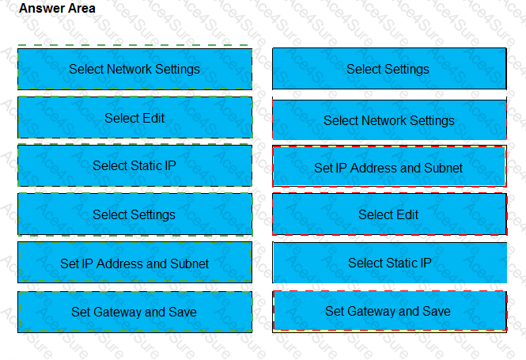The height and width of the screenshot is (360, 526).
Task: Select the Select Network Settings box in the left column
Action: pos(134,69)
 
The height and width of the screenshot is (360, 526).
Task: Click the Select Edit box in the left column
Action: pos(134,117)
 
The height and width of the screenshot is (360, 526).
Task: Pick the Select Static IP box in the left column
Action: pos(134,165)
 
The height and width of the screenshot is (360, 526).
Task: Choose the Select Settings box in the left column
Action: pos(134,214)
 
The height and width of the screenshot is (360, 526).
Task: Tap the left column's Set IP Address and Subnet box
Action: pos(134,263)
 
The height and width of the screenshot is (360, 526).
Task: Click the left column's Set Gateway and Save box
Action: pos(134,312)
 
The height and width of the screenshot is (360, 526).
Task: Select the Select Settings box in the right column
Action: pos(389,69)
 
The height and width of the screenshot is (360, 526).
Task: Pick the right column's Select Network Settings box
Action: pos(389,119)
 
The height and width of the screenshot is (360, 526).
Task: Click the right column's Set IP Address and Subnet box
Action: pos(389,166)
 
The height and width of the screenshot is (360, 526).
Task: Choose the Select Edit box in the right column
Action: pos(389,214)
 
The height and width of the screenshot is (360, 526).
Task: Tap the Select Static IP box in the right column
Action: pos(389,263)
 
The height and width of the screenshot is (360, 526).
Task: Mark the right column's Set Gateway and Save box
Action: pos(389,312)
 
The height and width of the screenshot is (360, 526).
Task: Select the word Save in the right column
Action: pos(436,312)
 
